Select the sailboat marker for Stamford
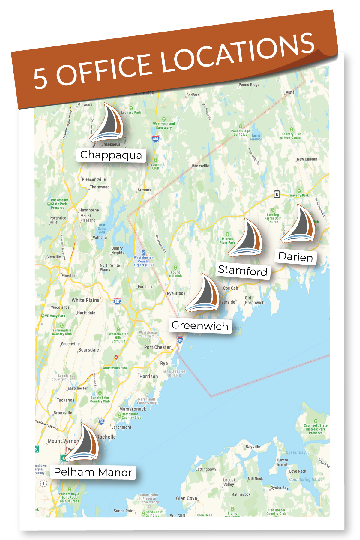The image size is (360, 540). tap(247, 239)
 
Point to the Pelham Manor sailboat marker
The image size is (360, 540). tap(83, 443)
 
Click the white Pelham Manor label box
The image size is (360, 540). tap(93, 472)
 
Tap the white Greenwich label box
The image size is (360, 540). tap(200, 325)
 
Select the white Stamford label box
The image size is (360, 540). tap(243, 271)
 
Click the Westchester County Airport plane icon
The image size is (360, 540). tap(143, 253)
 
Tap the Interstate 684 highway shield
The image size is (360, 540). tap(156, 139)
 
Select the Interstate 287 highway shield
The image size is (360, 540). tap(117, 301)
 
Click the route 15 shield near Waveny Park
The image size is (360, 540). tap(277, 194)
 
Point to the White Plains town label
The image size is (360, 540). tap(85, 300)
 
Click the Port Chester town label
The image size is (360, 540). tap(157, 347)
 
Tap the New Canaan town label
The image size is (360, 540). tap(307, 159)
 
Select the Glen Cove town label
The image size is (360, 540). tap(186, 498)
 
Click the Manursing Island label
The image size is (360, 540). tap(174, 373)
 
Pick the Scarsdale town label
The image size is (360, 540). tap(88, 350)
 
